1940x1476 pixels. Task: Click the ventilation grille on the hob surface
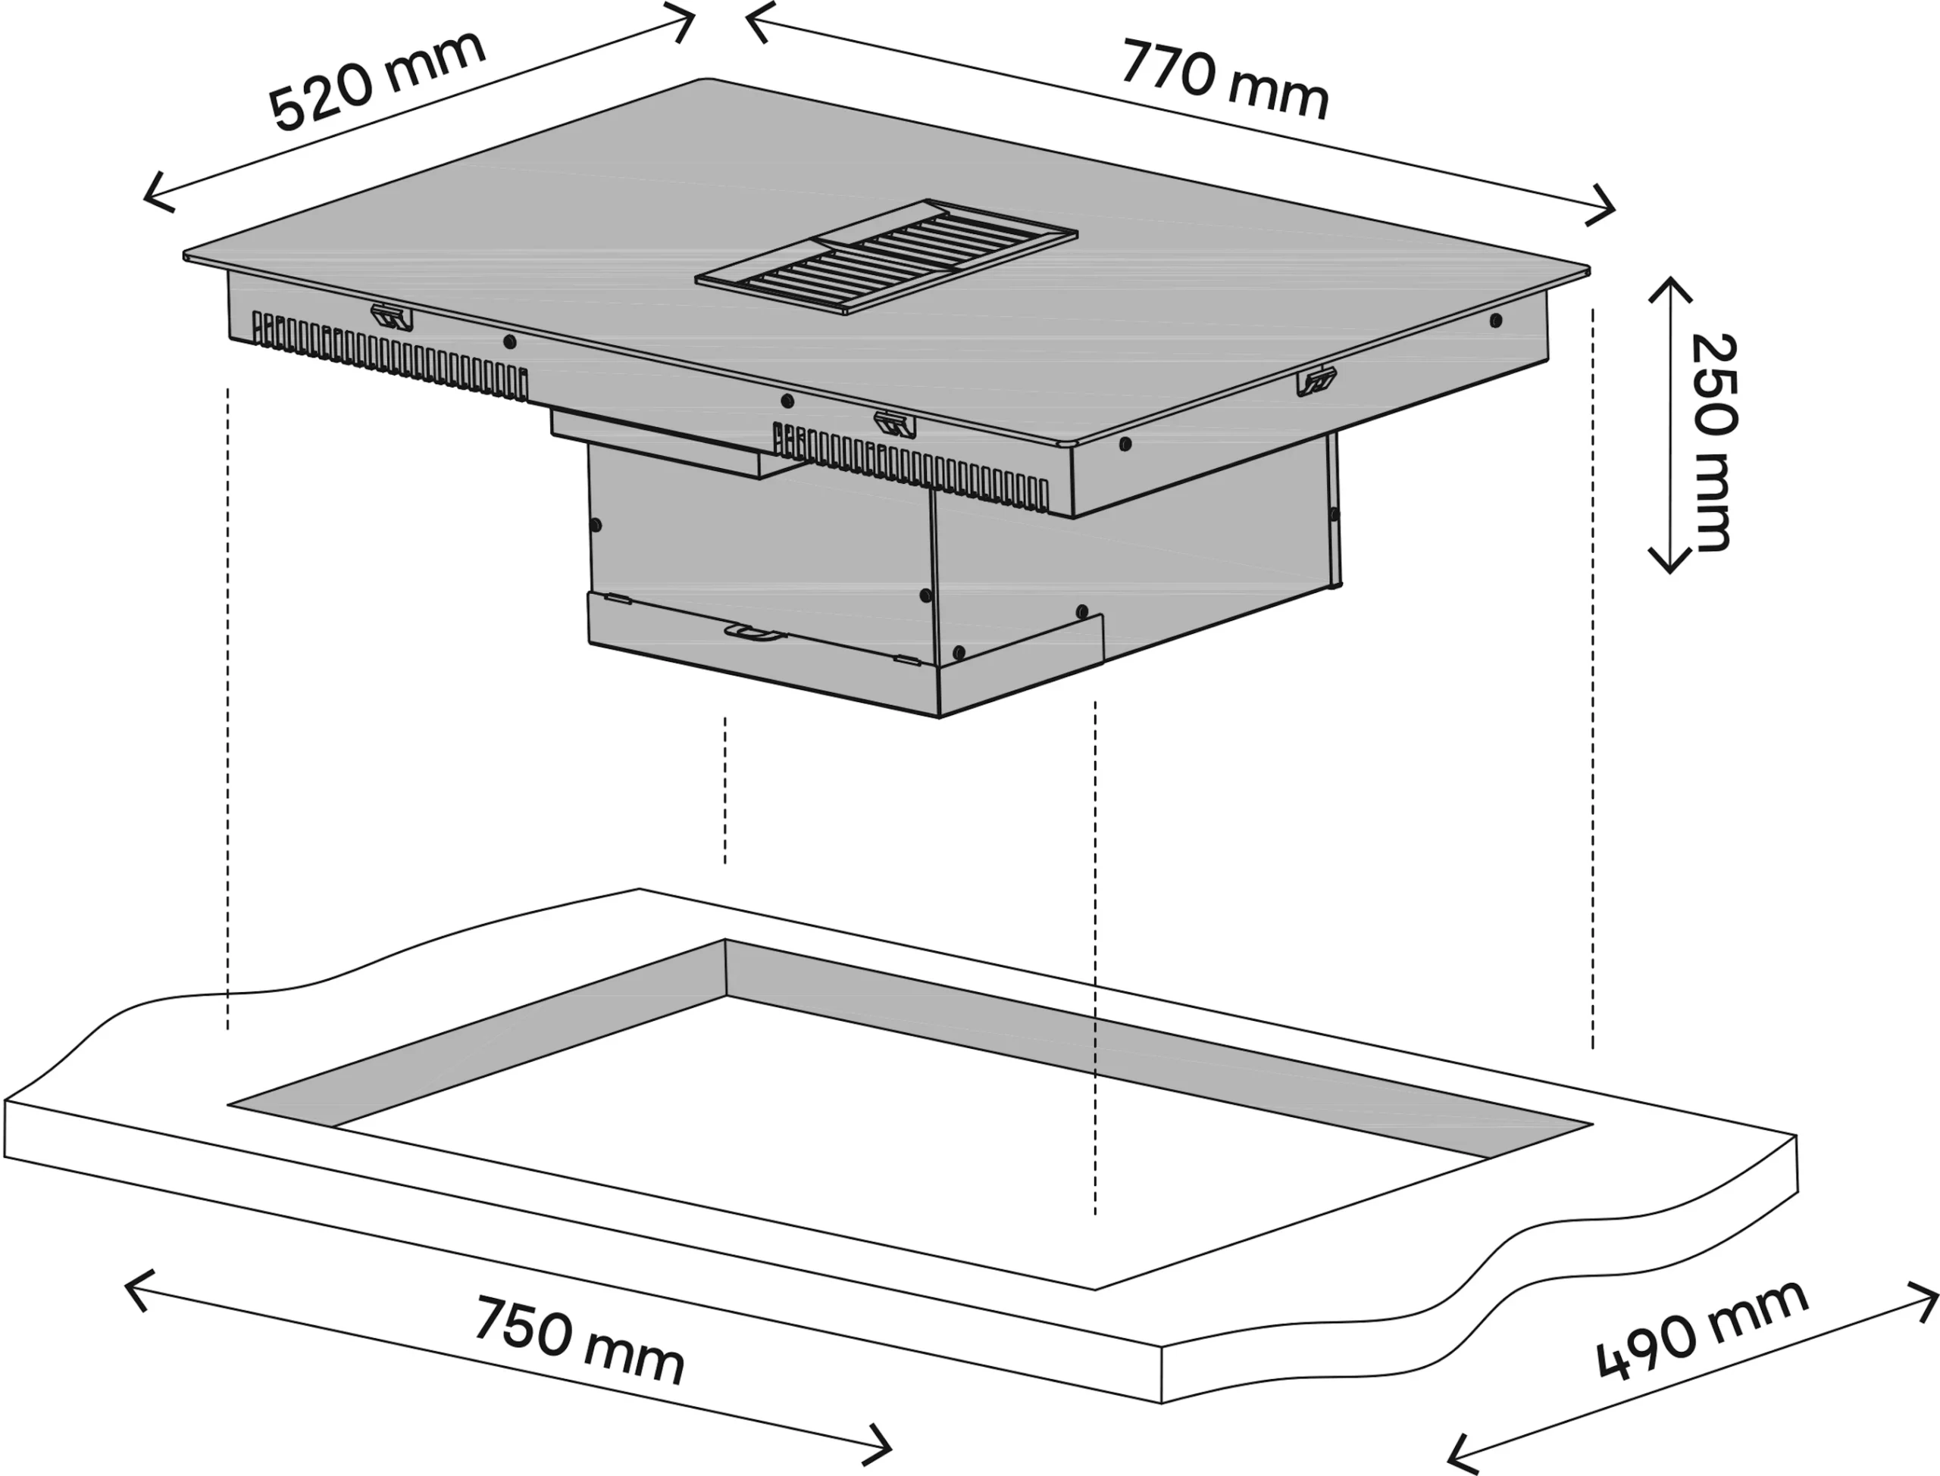[x=887, y=257]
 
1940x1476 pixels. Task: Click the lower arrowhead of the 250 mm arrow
[x=1669, y=560]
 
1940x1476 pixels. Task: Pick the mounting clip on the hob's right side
[x=1317, y=381]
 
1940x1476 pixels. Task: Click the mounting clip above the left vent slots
[x=391, y=317]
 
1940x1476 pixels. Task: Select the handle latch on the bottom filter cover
[x=754, y=632]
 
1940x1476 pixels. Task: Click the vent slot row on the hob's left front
[x=390, y=357]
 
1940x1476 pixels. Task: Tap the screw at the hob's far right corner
[x=1496, y=320]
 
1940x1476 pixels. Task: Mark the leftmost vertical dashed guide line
[x=227, y=709]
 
